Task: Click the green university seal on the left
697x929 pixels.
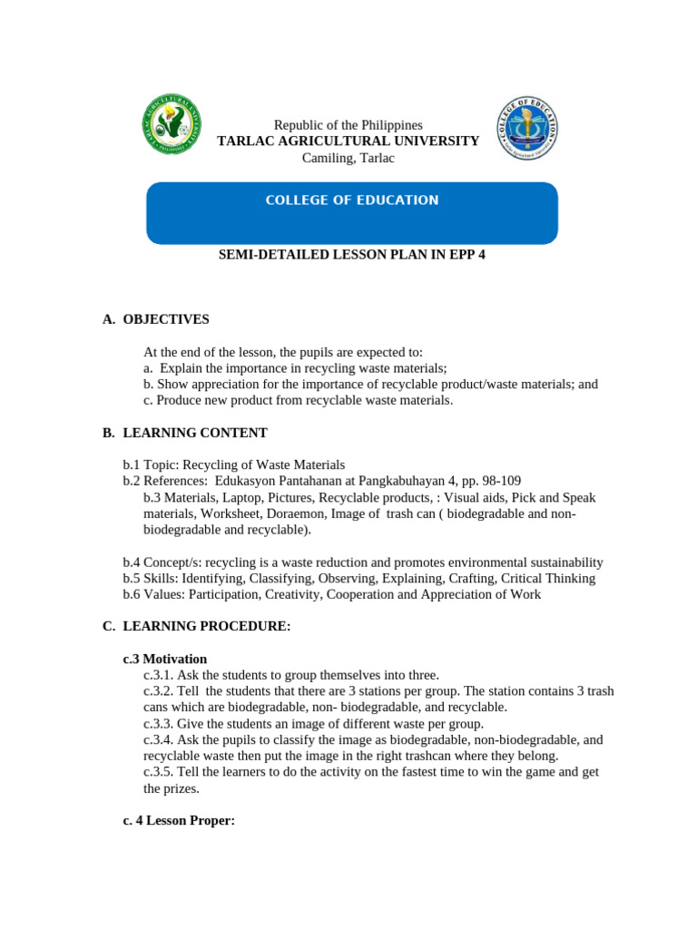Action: [x=172, y=125]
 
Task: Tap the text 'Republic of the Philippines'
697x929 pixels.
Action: [x=348, y=125]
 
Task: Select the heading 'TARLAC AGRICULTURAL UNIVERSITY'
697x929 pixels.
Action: [x=348, y=142]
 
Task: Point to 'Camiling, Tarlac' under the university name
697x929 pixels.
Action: [x=348, y=159]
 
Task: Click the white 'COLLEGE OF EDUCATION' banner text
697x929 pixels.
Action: [x=351, y=200]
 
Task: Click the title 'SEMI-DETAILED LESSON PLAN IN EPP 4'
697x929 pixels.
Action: [x=352, y=255]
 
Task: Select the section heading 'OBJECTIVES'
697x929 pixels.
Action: [x=166, y=319]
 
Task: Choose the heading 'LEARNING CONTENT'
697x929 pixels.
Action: [x=195, y=433]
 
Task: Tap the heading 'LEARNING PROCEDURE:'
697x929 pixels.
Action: [x=207, y=627]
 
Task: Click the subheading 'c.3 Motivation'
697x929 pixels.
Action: [x=165, y=659]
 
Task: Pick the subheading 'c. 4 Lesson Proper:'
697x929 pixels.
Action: [x=179, y=821]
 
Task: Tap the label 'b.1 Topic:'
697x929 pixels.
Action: [x=151, y=464]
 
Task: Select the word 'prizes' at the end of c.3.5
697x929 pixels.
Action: [x=182, y=788]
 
